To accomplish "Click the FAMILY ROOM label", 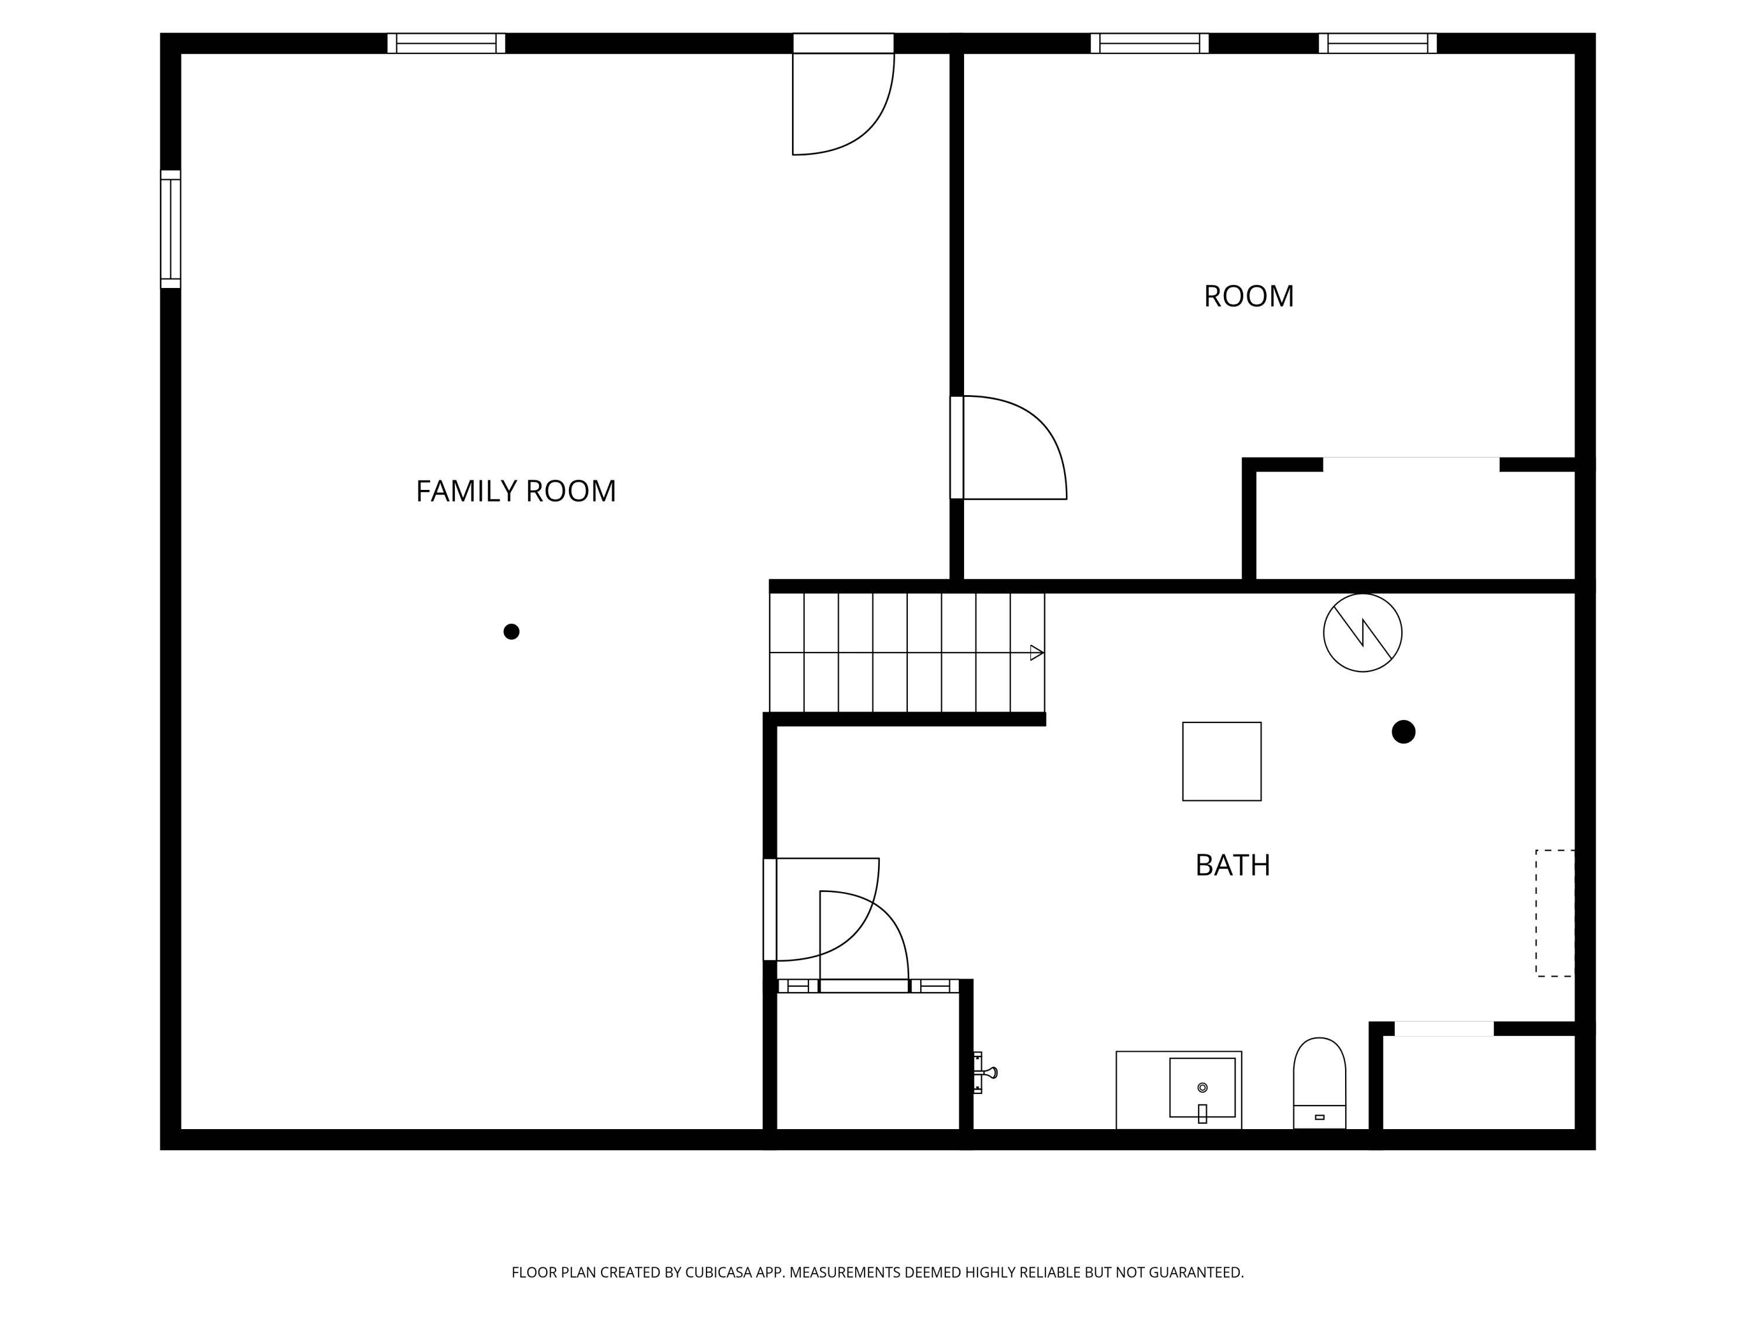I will pos(516,492).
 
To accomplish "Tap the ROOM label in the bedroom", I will pos(1249,297).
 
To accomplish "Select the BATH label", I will pos(1232,865).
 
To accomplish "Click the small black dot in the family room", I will pos(511,632).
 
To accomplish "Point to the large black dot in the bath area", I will pos(1404,732).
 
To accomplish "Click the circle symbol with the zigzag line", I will pos(1362,633).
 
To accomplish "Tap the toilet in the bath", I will pos(1319,1083).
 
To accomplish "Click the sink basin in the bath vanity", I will pos(1202,1088).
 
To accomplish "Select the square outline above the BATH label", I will pos(1222,762).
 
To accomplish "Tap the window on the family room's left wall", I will pos(171,229).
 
